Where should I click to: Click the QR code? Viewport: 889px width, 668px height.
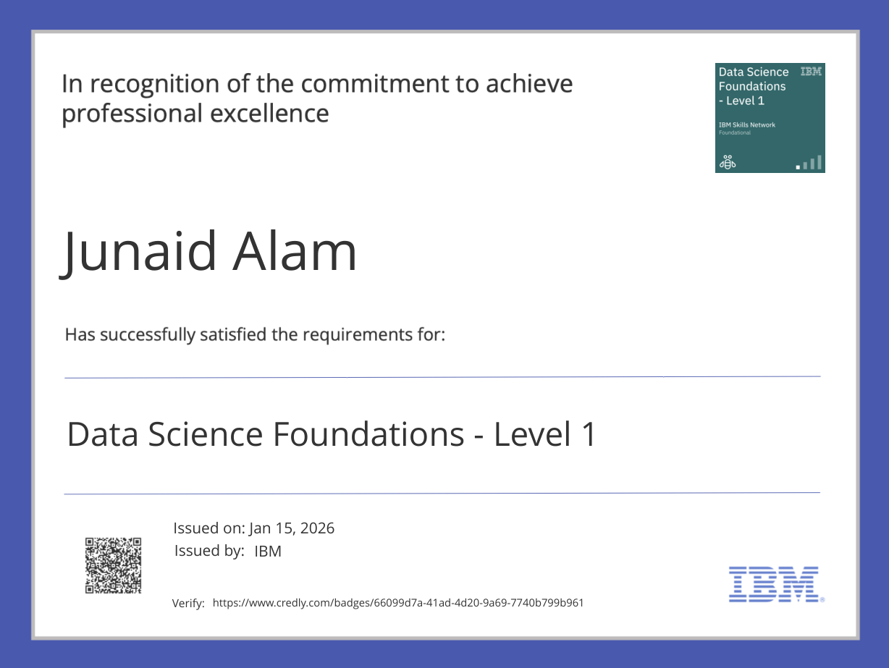point(113,565)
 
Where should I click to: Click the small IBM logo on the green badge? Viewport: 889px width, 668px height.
point(811,72)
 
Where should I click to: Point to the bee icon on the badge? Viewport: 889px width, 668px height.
point(726,162)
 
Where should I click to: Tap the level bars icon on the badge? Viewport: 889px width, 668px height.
point(809,163)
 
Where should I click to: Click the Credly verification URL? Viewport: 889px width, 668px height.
point(397,602)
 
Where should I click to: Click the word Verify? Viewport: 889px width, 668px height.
point(188,604)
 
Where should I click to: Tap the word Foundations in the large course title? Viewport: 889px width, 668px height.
point(368,434)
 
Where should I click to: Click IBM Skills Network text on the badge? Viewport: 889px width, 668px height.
point(746,124)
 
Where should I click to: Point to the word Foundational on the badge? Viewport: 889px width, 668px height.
point(734,132)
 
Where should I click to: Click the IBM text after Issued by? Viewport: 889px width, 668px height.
point(268,551)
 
